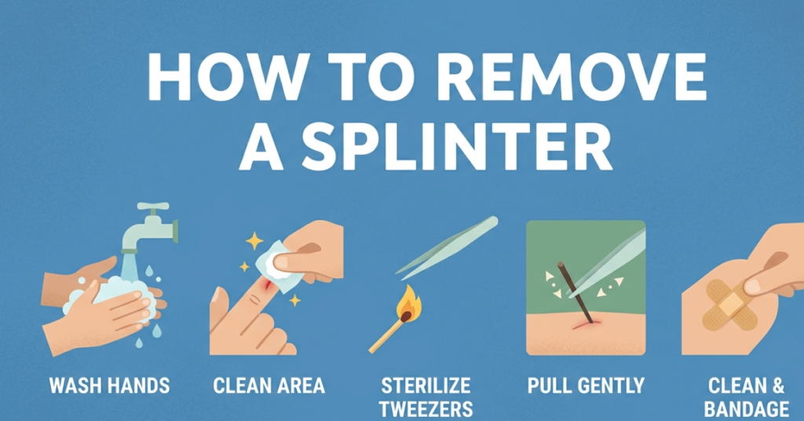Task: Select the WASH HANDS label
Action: tap(109, 386)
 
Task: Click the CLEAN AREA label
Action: tap(269, 386)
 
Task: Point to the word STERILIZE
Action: tap(426, 386)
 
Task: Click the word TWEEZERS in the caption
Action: tap(426, 408)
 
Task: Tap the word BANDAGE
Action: tap(746, 408)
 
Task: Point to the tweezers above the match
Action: tap(448, 247)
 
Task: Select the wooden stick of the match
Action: tap(386, 334)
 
